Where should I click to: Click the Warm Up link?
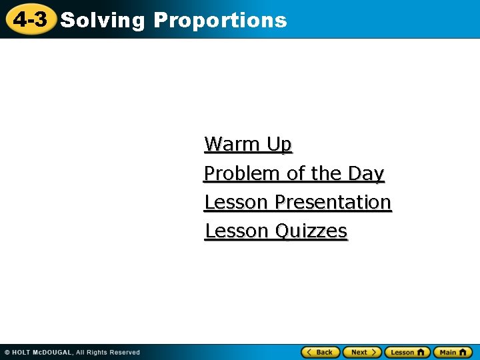click(248, 144)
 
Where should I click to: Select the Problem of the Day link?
click(294, 173)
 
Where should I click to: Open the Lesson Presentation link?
click(297, 202)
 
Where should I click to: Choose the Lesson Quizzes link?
click(276, 231)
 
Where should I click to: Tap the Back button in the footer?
click(321, 352)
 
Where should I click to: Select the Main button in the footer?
click(453, 352)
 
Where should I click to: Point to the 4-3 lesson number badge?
click(30, 20)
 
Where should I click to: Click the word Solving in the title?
click(102, 21)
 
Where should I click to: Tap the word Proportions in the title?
click(220, 21)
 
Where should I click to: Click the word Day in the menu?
click(366, 173)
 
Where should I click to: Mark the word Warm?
click(233, 144)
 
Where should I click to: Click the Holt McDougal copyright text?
click(72, 352)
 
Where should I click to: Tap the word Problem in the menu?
click(243, 173)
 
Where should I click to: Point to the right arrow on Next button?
click(375, 352)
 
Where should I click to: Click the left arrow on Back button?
click(309, 352)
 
